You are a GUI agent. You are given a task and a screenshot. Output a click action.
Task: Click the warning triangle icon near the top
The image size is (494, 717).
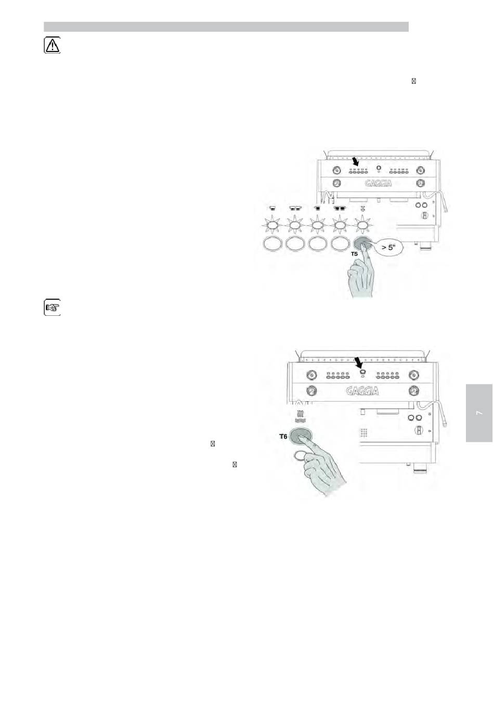tap(51, 46)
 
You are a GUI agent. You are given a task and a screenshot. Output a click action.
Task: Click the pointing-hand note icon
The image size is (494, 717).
tap(51, 308)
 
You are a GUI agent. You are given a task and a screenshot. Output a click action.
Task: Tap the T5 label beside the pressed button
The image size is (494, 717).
tap(354, 254)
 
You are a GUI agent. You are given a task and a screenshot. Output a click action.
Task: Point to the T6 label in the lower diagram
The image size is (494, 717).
tap(283, 437)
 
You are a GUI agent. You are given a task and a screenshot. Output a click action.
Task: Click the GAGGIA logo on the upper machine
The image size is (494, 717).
tap(378, 183)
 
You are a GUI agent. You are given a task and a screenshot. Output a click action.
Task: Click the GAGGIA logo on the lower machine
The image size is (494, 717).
tap(362, 390)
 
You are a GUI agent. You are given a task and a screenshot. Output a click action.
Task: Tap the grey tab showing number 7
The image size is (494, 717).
tap(479, 413)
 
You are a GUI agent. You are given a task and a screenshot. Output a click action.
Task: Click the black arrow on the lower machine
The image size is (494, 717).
tap(359, 362)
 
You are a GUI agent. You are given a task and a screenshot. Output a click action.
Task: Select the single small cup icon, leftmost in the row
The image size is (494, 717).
tap(271, 208)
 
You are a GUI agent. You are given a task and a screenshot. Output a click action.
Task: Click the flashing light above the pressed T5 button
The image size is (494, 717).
tap(362, 226)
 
